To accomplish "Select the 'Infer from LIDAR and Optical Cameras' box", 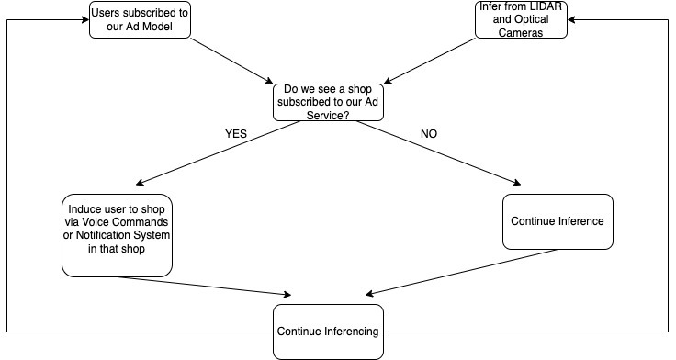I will (x=522, y=19).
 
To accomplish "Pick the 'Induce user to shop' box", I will (x=117, y=234).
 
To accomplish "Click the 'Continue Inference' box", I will (x=557, y=221).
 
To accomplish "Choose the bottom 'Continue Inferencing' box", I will (x=328, y=330).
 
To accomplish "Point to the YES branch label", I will (x=237, y=133).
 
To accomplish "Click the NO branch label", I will (x=429, y=133).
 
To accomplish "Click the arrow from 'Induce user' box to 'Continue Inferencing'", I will (x=207, y=286).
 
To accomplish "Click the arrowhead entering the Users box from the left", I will (x=84, y=19).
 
